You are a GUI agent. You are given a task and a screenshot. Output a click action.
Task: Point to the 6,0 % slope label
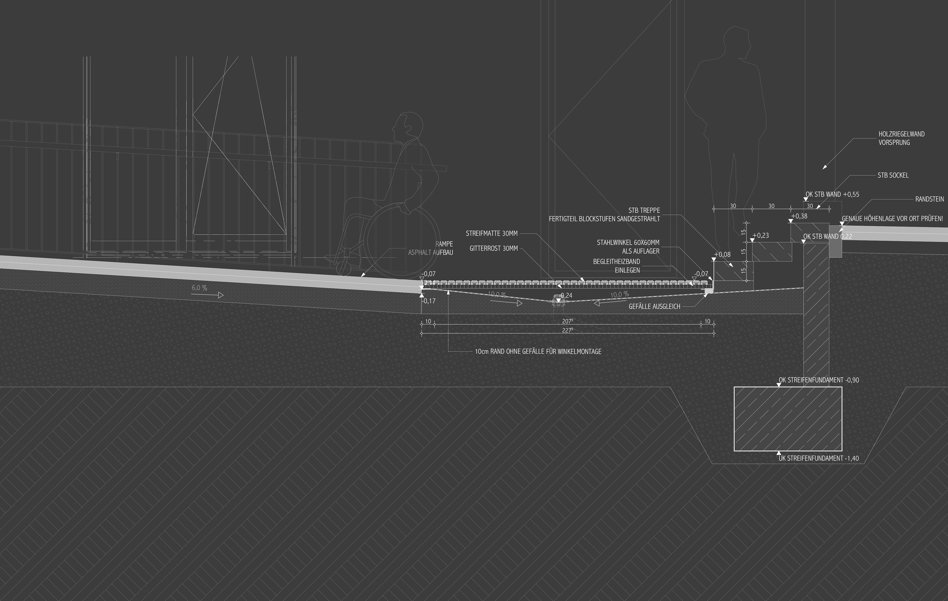click(x=199, y=288)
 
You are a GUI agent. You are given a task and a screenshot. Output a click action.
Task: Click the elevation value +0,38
click(x=799, y=216)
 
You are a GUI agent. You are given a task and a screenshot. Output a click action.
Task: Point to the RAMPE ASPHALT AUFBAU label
click(x=431, y=248)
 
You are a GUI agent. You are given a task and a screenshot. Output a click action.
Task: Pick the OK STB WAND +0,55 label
click(x=832, y=194)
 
